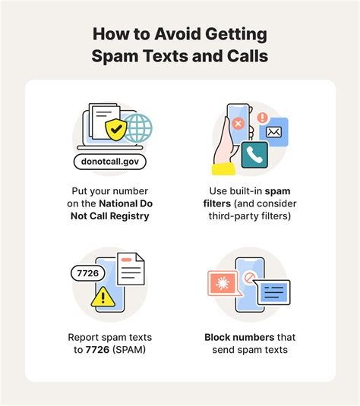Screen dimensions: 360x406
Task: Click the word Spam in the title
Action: click(x=115, y=56)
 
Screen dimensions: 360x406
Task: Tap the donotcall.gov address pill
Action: click(x=110, y=162)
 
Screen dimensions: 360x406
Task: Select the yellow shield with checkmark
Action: click(x=116, y=130)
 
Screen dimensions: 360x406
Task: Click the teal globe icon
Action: click(x=137, y=128)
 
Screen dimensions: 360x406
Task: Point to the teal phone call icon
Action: click(x=254, y=155)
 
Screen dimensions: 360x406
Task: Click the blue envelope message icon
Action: click(x=273, y=132)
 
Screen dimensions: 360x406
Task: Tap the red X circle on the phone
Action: click(x=238, y=123)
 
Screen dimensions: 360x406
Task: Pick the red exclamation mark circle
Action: click(x=262, y=117)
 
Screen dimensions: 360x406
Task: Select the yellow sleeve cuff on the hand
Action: click(x=224, y=169)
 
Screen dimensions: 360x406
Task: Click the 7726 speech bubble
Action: click(x=88, y=273)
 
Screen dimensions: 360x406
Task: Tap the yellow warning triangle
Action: click(x=103, y=297)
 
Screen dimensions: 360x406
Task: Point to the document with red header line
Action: click(x=131, y=269)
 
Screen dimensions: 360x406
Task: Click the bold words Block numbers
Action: click(x=239, y=337)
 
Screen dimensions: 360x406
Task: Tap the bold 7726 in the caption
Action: click(x=97, y=350)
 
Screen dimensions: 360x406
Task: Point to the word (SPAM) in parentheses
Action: click(x=129, y=350)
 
